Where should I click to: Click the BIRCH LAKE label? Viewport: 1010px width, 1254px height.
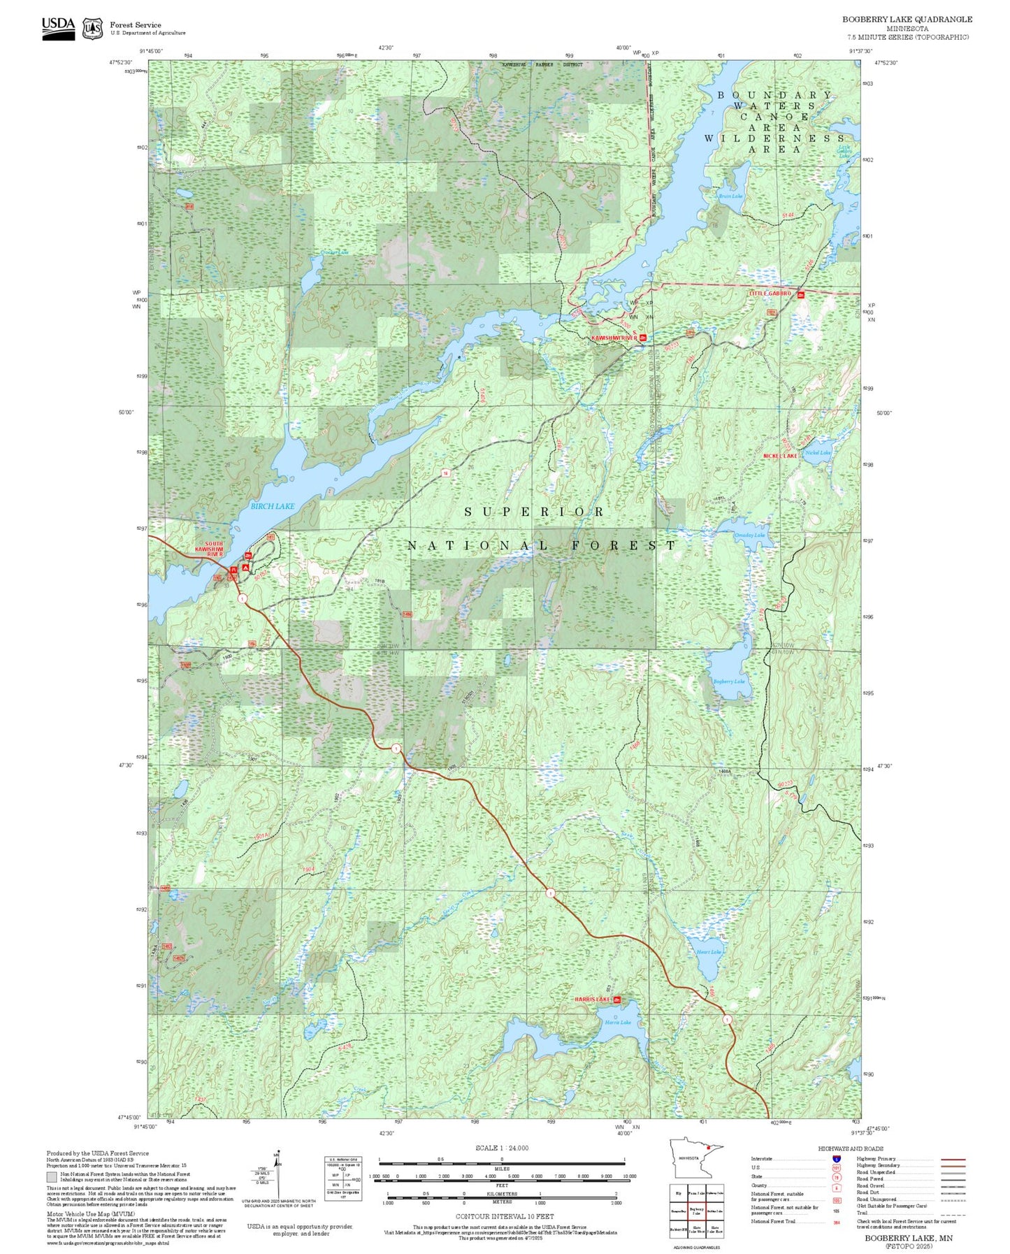(272, 505)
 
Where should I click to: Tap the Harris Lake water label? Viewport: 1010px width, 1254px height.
(618, 1022)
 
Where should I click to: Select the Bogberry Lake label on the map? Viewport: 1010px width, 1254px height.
(728, 681)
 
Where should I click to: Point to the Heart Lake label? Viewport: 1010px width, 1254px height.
(709, 951)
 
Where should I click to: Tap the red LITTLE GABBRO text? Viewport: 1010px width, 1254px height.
(770, 294)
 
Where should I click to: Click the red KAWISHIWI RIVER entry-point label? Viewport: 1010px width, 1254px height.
(614, 338)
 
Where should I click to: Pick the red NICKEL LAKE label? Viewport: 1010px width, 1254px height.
(779, 456)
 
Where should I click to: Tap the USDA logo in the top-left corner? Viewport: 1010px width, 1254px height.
(58, 28)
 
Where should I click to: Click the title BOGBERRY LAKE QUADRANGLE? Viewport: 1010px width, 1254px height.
(907, 20)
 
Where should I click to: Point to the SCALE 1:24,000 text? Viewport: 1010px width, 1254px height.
(502, 1148)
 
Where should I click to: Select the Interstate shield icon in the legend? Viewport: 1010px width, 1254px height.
(837, 1159)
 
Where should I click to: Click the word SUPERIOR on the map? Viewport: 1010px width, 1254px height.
(535, 512)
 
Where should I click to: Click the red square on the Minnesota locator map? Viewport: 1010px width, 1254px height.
(708, 1148)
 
